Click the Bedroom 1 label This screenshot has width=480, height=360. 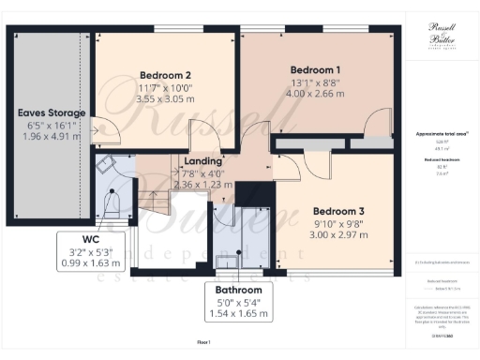315,69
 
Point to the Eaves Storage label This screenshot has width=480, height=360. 52,112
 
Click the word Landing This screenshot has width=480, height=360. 202,161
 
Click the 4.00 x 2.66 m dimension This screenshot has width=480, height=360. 315,95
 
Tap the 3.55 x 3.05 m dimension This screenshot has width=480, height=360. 166,98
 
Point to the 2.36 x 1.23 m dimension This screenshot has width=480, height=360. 202,186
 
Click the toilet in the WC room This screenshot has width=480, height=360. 113,202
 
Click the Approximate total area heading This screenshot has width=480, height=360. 442,135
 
